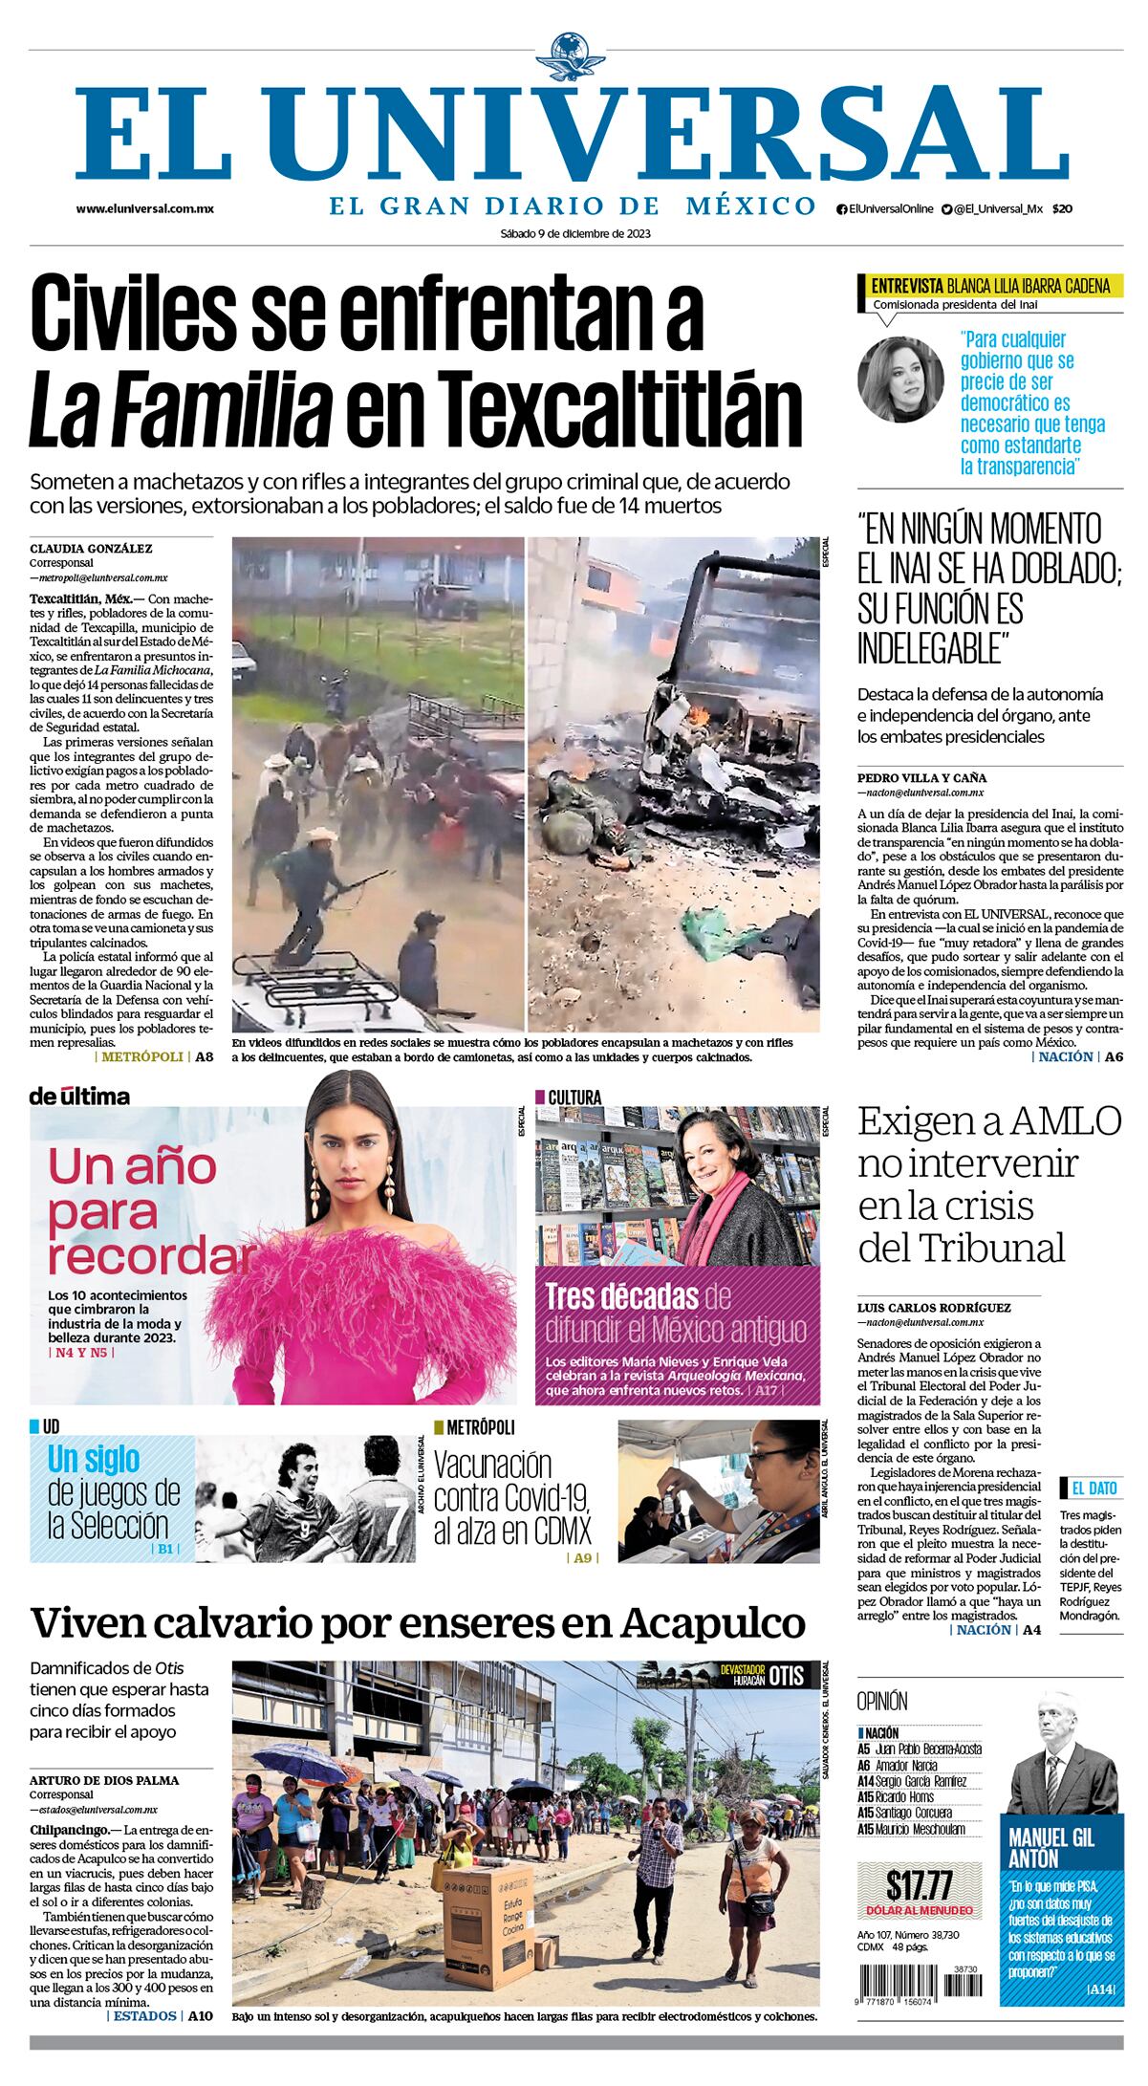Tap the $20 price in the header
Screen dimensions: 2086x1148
[1062, 209]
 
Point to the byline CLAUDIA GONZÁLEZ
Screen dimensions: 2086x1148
[91, 549]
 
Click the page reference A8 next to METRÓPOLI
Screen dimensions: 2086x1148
[204, 1056]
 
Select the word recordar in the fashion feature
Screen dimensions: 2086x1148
[151, 1252]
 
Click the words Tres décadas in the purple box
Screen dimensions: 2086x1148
[621, 1296]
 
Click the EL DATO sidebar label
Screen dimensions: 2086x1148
[1093, 1488]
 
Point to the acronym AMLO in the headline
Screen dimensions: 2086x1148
[1051, 1121]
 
